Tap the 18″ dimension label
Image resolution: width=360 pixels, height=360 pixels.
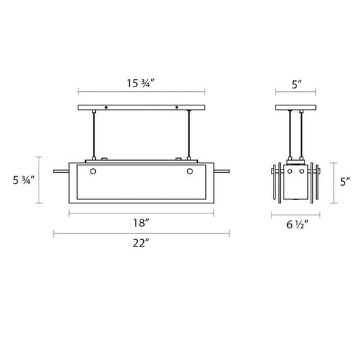coord(141,223)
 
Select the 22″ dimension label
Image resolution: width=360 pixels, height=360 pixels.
coord(141,243)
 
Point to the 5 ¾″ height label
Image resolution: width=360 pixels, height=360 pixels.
coord(24,180)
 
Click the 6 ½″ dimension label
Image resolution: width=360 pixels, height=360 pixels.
coord(297,224)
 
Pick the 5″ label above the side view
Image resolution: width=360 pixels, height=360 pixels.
coord(297,84)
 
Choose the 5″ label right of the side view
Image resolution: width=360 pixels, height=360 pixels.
coord(345,182)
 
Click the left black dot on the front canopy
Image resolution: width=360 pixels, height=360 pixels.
coord(106,107)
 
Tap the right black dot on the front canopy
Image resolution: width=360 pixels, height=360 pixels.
coord(177,107)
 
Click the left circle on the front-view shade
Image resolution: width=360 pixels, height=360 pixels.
coord(93,172)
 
